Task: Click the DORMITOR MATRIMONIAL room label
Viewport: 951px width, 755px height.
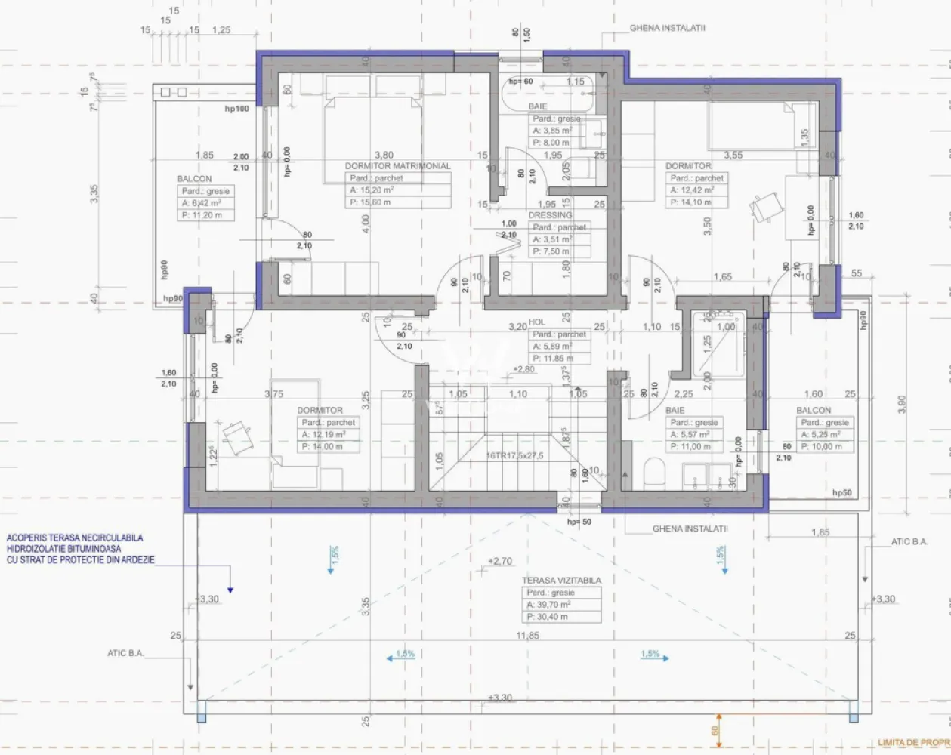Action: point(397,166)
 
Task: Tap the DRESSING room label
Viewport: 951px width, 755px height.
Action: point(550,215)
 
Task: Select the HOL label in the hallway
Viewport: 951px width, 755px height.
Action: point(537,322)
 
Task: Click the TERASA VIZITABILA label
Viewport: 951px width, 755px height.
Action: point(562,581)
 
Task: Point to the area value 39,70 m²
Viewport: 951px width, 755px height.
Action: point(549,606)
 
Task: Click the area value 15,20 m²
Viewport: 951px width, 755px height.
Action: point(370,191)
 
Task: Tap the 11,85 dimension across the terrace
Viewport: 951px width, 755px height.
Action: point(528,636)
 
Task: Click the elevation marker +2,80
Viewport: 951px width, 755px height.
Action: point(524,369)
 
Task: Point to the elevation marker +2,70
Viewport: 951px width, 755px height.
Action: point(500,562)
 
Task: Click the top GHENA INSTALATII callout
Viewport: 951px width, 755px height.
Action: point(667,28)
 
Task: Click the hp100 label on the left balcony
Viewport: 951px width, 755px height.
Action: point(236,109)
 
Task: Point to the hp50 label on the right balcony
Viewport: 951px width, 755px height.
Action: point(842,492)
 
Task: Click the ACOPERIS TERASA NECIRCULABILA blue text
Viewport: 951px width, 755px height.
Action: point(74,538)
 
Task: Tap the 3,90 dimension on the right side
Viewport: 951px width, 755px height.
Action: point(900,404)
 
